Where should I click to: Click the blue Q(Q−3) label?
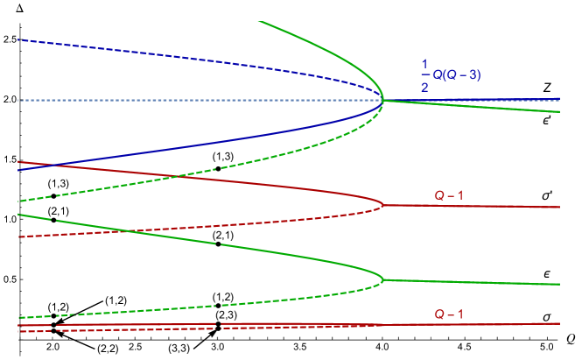click(x=456, y=75)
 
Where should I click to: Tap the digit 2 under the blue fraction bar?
click(x=424, y=88)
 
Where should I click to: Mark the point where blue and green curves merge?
click(x=383, y=100)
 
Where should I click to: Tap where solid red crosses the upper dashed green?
click(x=175, y=177)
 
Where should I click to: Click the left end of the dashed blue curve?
click(x=18, y=39)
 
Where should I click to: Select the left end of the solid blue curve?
click(x=18, y=170)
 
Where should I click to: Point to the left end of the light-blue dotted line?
click(x=18, y=101)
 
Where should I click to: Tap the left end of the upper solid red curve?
click(x=18, y=161)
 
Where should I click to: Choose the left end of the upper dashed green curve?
click(x=18, y=202)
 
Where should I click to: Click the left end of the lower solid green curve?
click(x=18, y=214)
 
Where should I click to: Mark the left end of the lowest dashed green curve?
click(x=18, y=318)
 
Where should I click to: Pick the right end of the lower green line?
click(x=559, y=285)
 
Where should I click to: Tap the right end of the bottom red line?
click(x=559, y=323)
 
